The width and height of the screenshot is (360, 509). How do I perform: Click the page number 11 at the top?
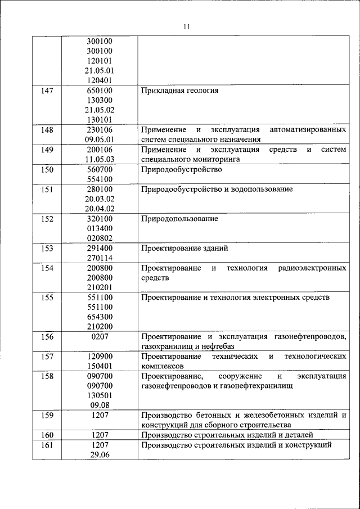tap(187, 26)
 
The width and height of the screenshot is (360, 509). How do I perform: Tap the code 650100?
tap(99, 91)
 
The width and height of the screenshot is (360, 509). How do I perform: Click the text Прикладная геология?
tap(179, 91)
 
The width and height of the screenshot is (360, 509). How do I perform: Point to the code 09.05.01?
tap(99, 140)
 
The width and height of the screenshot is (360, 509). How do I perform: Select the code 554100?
tap(99, 179)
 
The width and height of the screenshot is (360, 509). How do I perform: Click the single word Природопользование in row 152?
tap(179, 219)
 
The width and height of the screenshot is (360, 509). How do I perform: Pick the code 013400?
tap(99, 228)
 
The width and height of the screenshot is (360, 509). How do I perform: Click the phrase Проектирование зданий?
tap(184, 248)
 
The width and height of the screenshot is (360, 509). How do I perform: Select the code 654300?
tap(99, 317)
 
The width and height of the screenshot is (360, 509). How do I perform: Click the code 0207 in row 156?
tap(99, 336)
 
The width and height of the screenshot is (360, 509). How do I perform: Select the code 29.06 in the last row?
tap(99, 454)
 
